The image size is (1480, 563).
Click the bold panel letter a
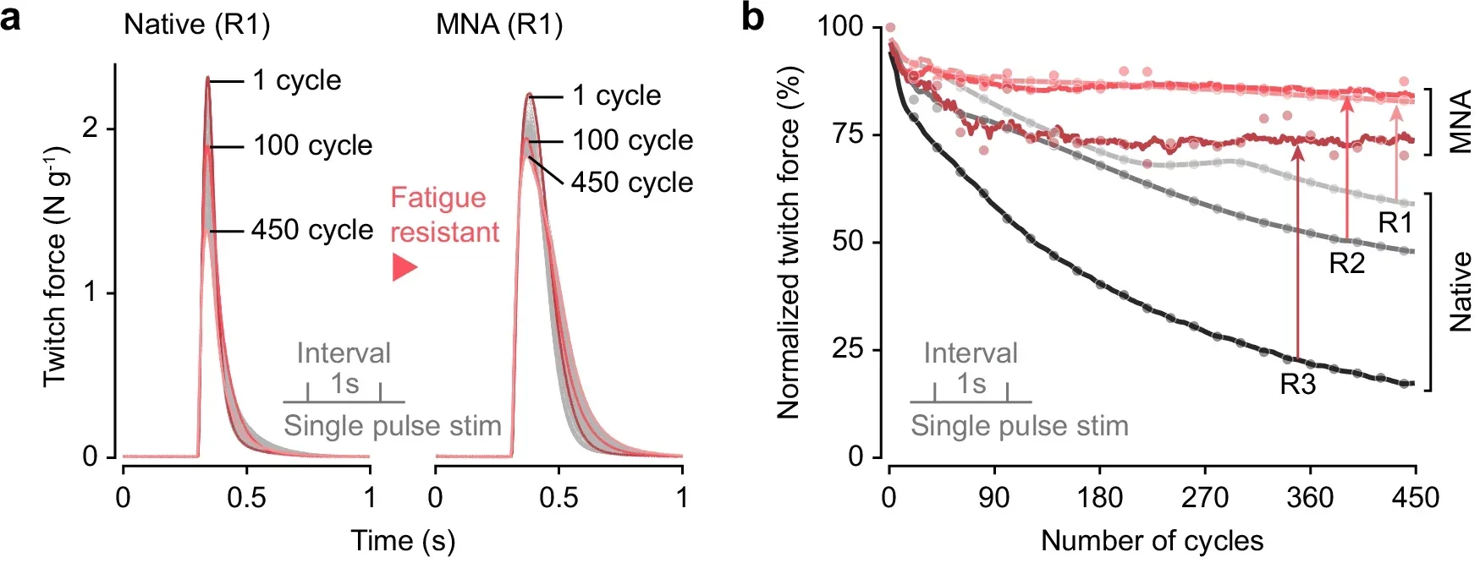(x=11, y=18)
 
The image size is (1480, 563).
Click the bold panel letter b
(x=752, y=18)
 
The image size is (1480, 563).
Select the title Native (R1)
(x=197, y=25)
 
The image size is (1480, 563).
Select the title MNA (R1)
(x=499, y=25)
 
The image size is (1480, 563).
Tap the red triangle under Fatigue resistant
(x=404, y=268)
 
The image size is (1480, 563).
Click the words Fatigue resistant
(x=444, y=215)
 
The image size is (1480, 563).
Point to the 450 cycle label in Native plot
(x=312, y=230)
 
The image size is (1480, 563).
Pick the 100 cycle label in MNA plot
(x=632, y=140)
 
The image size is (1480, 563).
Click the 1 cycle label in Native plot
(x=297, y=80)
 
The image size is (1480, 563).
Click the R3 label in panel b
(x=1297, y=385)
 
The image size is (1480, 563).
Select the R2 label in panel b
(x=1346, y=264)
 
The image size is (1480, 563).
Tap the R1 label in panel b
(x=1395, y=223)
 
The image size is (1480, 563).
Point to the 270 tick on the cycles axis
(x=1205, y=498)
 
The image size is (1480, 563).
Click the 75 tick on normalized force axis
(x=847, y=134)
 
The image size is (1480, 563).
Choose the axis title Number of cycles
(x=1152, y=540)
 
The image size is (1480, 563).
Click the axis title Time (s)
(x=403, y=540)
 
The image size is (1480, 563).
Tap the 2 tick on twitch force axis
(x=91, y=128)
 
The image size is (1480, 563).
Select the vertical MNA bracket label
(x=1461, y=123)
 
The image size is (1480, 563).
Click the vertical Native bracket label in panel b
(x=1461, y=292)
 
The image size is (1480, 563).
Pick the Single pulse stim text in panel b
(x=1019, y=426)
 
